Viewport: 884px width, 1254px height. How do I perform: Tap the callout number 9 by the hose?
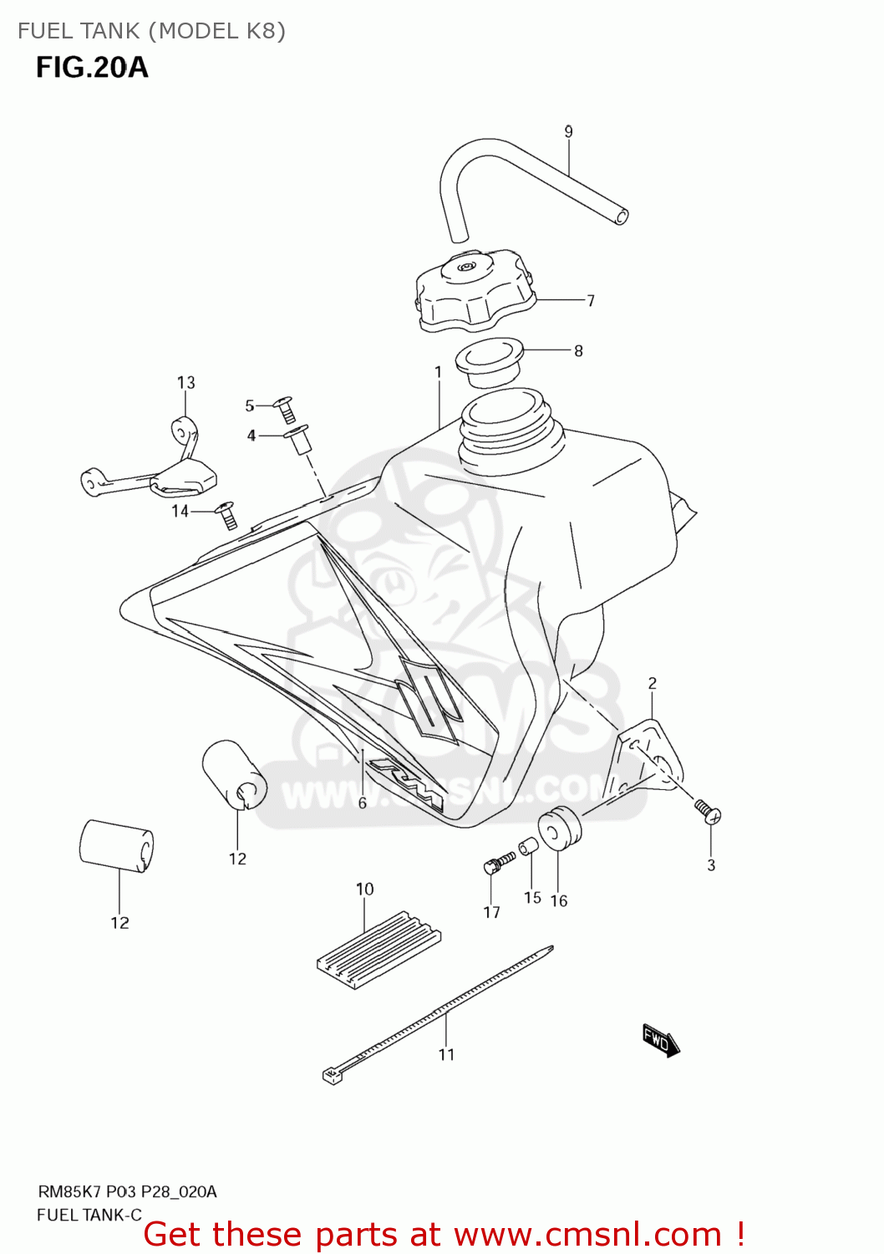[568, 131]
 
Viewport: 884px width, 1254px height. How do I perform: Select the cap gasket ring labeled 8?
[490, 361]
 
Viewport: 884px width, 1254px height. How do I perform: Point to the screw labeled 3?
[707, 809]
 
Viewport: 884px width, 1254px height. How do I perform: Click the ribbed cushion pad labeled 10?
[378, 950]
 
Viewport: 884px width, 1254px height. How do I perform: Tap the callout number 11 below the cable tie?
[446, 1054]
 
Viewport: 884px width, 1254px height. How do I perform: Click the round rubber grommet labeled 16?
[558, 828]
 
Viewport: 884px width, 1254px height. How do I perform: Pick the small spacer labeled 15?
[528, 849]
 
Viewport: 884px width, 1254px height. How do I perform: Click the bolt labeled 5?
[285, 409]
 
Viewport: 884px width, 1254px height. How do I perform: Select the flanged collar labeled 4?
[299, 438]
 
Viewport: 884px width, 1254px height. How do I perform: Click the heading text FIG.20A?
[92, 67]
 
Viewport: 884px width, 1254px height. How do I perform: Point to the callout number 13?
[185, 382]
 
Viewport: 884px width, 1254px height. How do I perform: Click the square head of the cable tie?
[333, 1075]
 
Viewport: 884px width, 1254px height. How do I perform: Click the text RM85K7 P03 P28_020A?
[127, 1191]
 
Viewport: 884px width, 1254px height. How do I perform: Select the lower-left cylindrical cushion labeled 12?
[116, 845]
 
